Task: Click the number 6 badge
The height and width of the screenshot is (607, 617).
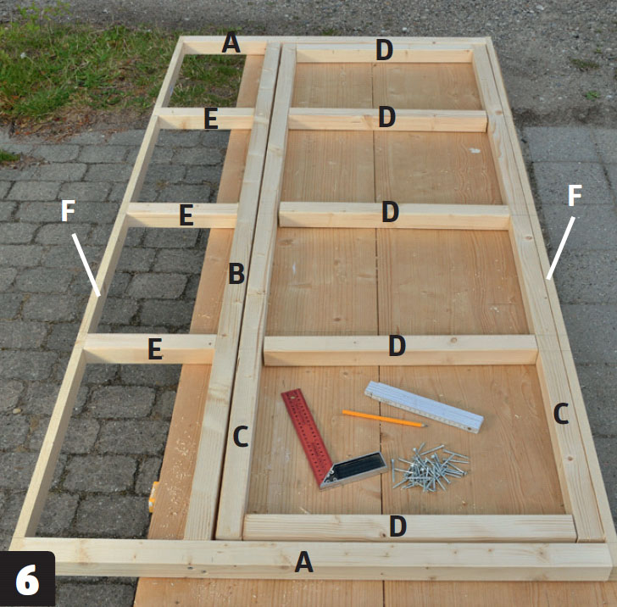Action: click(x=27, y=579)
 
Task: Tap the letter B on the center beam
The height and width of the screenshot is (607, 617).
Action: click(x=236, y=273)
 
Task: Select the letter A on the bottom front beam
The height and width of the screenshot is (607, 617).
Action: click(x=303, y=562)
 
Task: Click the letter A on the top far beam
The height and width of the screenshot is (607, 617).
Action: click(x=231, y=42)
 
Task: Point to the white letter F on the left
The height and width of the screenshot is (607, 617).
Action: click(x=68, y=210)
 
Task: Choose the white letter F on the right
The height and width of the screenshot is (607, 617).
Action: click(x=575, y=195)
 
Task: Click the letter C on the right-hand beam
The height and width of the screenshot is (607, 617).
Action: click(x=561, y=414)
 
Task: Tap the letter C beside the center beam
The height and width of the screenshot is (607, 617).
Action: click(x=241, y=437)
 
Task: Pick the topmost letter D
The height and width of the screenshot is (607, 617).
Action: click(x=384, y=50)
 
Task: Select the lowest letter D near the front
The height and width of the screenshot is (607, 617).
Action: click(x=397, y=526)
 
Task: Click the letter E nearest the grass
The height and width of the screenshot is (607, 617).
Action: click(x=211, y=119)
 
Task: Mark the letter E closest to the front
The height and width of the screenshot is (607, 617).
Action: click(x=155, y=349)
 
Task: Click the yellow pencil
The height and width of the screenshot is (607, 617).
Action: click(x=385, y=418)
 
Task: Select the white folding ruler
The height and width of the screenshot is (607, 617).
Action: click(x=424, y=407)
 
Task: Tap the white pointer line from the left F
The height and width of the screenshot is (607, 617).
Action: click(x=86, y=265)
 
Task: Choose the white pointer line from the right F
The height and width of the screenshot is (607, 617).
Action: click(x=561, y=248)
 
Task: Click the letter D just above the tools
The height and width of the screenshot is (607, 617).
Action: click(x=397, y=346)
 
